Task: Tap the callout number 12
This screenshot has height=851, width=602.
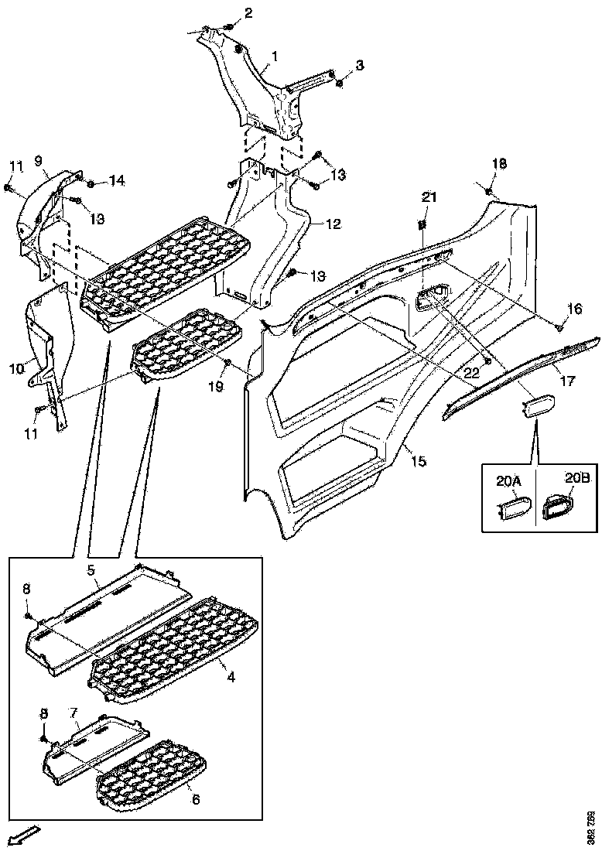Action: click(333, 224)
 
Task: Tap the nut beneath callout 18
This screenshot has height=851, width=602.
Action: click(489, 190)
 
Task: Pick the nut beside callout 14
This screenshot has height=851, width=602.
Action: click(91, 184)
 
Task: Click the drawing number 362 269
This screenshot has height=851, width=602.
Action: click(591, 826)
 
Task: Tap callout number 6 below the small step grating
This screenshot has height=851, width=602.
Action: click(196, 799)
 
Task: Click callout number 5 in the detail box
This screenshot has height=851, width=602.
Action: click(91, 570)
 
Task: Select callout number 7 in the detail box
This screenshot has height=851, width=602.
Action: click(74, 711)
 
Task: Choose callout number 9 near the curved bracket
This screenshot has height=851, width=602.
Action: click(39, 162)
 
